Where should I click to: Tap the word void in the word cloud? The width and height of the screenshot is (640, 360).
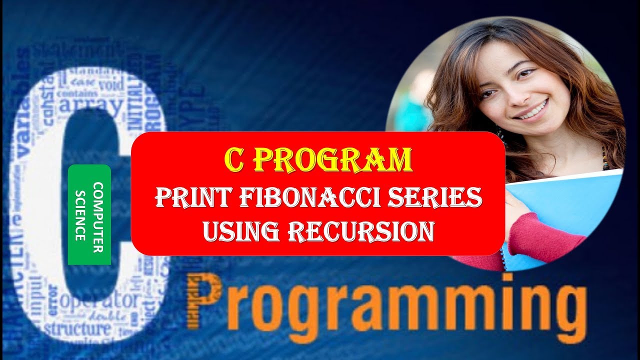[x=111, y=84]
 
